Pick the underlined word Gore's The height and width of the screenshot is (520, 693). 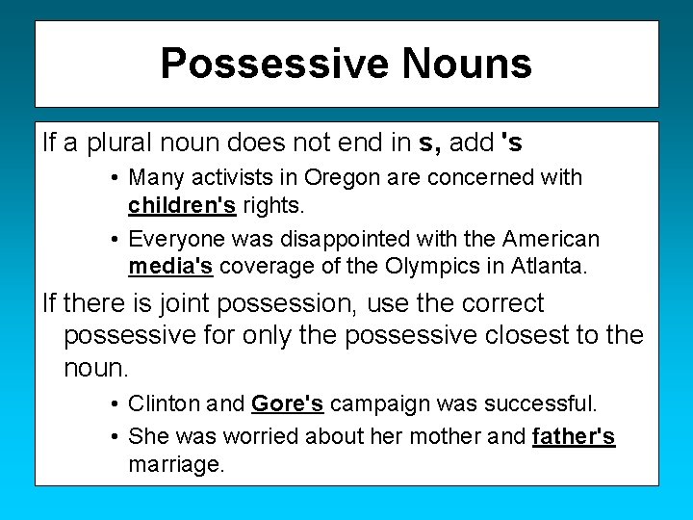(x=287, y=403)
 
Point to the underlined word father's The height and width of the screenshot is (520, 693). (x=573, y=436)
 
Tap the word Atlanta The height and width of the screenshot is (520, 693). (x=552, y=266)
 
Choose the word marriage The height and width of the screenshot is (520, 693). (x=175, y=465)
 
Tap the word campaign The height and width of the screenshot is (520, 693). (x=372, y=403)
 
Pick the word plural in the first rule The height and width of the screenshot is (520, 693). (x=124, y=143)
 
